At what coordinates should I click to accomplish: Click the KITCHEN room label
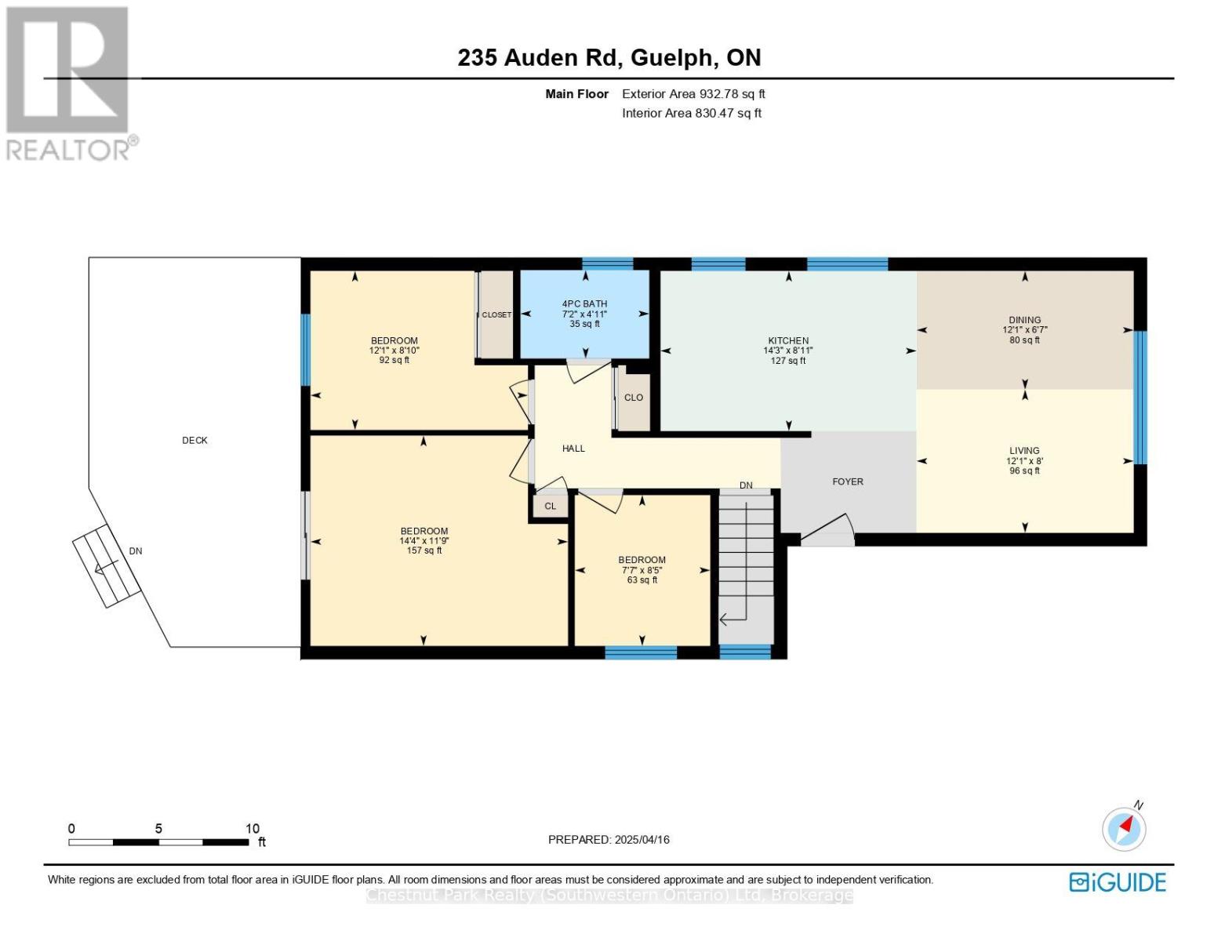788,341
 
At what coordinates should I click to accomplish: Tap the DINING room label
1024,320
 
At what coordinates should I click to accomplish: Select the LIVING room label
1024,451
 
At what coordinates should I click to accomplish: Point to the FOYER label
848,481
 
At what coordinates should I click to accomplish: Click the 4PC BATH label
584,303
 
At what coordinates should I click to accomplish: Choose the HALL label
573,449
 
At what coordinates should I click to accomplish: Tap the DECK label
195,441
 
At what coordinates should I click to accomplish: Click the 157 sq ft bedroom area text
424,551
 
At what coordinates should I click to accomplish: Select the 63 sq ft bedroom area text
642,580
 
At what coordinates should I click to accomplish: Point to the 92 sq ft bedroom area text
394,361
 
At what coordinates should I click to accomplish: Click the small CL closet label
551,506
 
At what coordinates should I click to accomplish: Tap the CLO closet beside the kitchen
634,398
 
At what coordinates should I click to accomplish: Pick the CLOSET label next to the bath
496,315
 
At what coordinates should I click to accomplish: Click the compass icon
1124,830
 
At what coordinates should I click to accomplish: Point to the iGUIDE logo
1118,882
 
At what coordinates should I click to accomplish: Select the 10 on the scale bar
253,828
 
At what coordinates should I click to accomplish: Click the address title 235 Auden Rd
537,58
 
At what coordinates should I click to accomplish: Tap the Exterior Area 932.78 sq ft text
693,94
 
